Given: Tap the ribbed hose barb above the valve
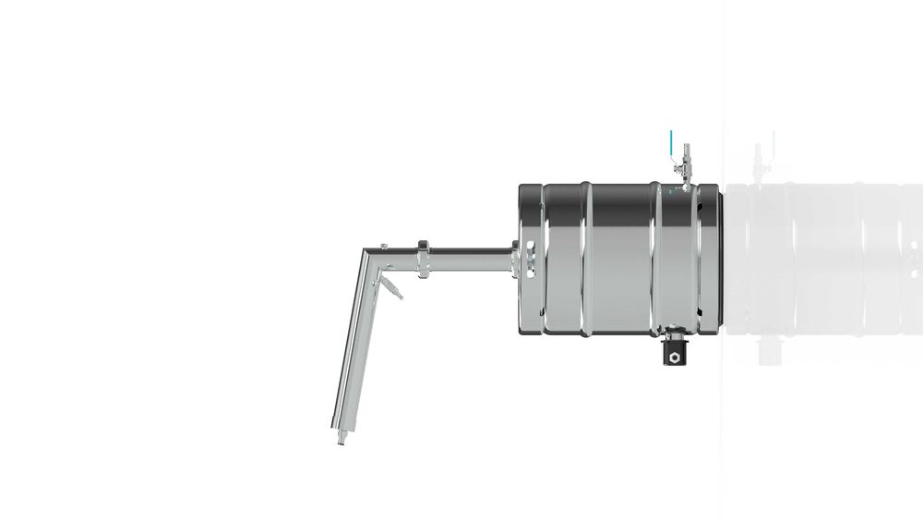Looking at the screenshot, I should tap(685, 151).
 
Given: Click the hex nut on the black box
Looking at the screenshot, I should tap(677, 356).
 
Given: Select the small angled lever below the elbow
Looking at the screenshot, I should tap(393, 286).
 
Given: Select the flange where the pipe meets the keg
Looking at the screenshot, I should tap(513, 258).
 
